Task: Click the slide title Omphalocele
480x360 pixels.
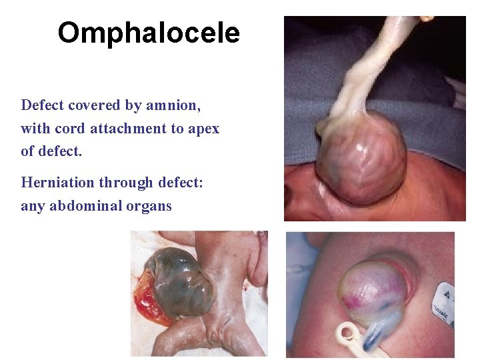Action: tap(148, 33)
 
